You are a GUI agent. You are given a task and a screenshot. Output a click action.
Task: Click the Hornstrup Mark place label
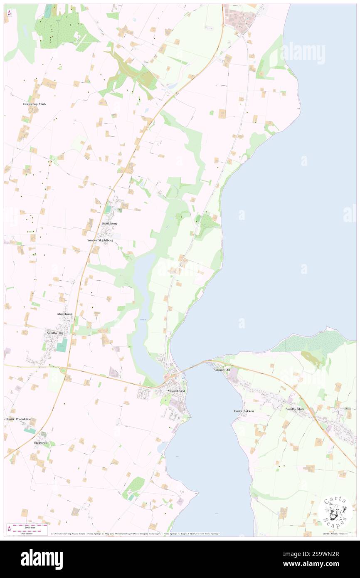[x=34, y=104]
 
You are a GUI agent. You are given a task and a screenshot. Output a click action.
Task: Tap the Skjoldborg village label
[x=109, y=223]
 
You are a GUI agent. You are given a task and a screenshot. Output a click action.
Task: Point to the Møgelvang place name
[x=64, y=314]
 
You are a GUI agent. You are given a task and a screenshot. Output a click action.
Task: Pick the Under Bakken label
[x=244, y=410]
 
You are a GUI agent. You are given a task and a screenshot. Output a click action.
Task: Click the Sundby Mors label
[x=296, y=409]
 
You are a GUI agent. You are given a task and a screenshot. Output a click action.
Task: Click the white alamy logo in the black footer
[x=42, y=559]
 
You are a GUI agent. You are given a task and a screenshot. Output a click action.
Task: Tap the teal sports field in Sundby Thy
[x=62, y=345]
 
